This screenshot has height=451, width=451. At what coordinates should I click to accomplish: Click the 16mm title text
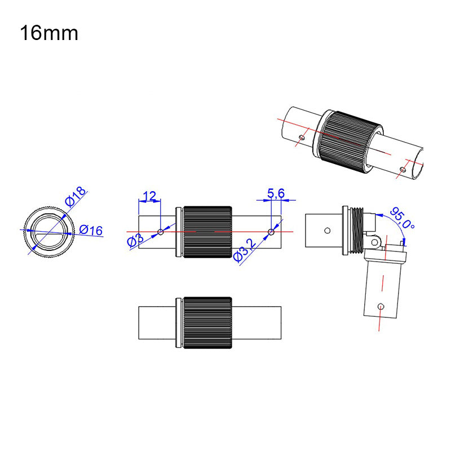point(49,33)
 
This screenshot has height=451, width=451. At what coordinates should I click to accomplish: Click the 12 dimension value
point(149,196)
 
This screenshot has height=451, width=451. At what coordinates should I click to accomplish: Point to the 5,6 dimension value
point(276,194)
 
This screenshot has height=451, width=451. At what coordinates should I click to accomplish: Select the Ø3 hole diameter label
point(135,242)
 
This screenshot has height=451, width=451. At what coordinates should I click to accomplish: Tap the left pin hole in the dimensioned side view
point(161,232)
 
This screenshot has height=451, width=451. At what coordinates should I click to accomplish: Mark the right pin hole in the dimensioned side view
point(271,232)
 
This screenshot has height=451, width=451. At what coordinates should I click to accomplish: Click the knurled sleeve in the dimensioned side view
point(207,232)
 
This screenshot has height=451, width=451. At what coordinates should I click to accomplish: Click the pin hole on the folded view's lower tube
point(382,306)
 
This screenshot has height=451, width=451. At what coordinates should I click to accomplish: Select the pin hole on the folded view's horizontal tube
point(326,229)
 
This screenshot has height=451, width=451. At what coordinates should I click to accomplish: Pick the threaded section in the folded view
point(355,231)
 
